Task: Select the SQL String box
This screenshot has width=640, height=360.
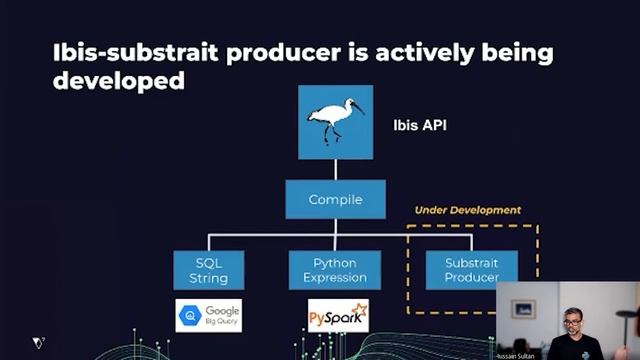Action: pyautogui.click(x=208, y=270)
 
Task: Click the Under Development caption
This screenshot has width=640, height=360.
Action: pyautogui.click(x=468, y=210)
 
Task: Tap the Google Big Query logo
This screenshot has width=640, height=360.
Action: pyautogui.click(x=208, y=316)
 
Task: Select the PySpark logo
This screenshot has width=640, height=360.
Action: pyautogui.click(x=338, y=316)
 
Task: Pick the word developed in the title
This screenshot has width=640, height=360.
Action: pyautogui.click(x=118, y=81)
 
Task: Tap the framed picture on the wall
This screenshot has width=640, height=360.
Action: pyautogui.click(x=522, y=308)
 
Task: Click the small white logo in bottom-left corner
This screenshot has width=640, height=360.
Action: pyautogui.click(x=38, y=342)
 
